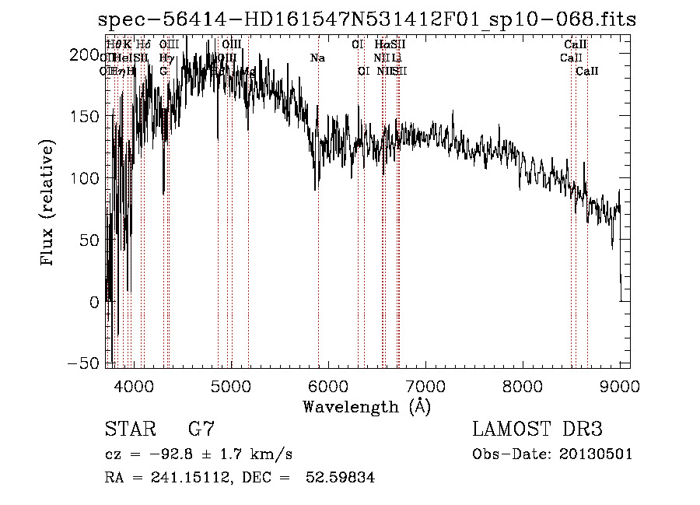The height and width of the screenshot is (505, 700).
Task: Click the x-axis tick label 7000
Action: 425,387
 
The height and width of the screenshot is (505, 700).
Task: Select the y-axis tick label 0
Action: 94,302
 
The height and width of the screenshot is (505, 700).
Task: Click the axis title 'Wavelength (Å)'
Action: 366,407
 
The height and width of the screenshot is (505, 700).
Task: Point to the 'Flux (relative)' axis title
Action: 49,204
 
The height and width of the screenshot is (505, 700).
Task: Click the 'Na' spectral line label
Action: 317,58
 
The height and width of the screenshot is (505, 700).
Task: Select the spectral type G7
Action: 201,430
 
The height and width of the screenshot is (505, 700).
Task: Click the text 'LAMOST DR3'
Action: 537,430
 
